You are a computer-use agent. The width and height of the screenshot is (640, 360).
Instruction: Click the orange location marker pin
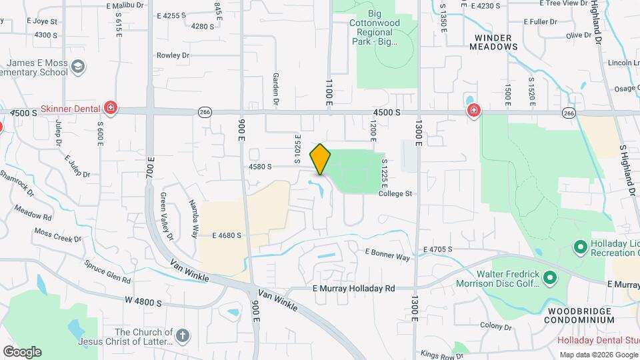[320, 159]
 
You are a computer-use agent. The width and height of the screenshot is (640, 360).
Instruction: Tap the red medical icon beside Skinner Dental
[111, 108]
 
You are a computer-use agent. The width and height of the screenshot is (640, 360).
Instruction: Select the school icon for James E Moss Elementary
[79, 66]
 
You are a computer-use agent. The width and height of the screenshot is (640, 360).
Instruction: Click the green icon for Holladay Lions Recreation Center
[580, 247]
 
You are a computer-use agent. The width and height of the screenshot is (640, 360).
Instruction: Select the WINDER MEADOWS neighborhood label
[493, 42]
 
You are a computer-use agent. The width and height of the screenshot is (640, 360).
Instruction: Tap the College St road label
[396, 193]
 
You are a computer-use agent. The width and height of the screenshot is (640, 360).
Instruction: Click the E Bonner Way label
[387, 254]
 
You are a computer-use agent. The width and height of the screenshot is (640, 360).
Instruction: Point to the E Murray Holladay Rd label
[354, 288]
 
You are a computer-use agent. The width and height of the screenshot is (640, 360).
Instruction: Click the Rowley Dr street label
[173, 55]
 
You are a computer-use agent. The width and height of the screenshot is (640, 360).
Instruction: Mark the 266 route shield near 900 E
[205, 113]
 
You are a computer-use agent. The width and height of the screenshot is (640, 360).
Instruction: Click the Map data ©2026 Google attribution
[598, 355]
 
